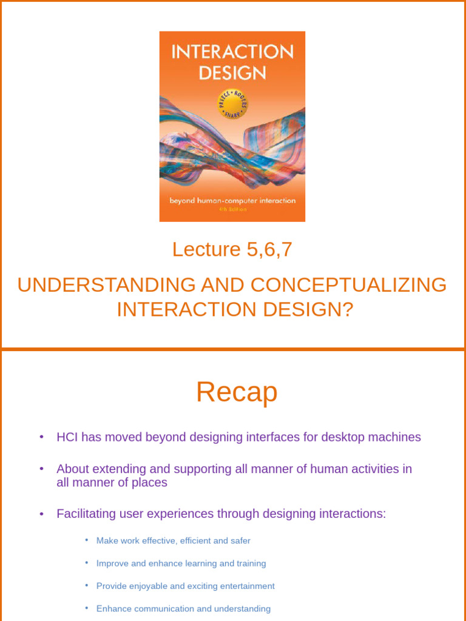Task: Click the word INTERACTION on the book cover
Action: click(x=232, y=52)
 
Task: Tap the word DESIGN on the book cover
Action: click(x=232, y=73)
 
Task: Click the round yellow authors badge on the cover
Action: click(x=232, y=104)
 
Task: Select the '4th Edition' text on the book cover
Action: click(x=232, y=209)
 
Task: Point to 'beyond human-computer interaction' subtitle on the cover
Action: click(x=232, y=200)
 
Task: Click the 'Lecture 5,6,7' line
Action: click(x=232, y=249)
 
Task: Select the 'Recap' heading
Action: click(x=237, y=392)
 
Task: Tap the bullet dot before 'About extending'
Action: click(x=41, y=469)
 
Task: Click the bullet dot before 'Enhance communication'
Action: click(x=87, y=608)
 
